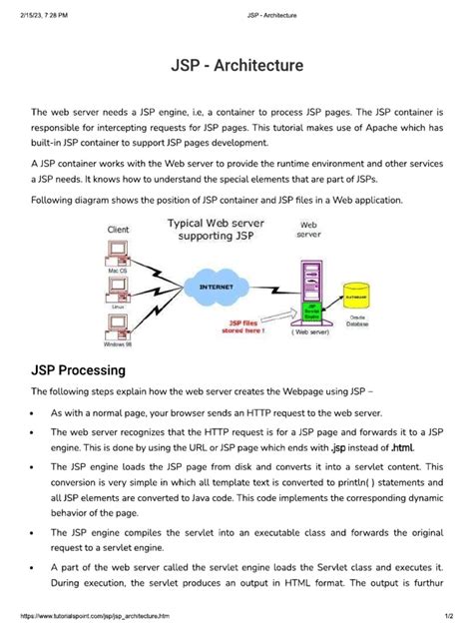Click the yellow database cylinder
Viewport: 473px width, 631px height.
[354, 297]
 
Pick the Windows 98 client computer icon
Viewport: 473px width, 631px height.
[117, 326]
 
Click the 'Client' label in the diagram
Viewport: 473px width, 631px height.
[118, 230]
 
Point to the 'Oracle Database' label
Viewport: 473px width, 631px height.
[356, 318]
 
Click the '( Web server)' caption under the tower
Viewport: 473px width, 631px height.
[310, 332]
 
